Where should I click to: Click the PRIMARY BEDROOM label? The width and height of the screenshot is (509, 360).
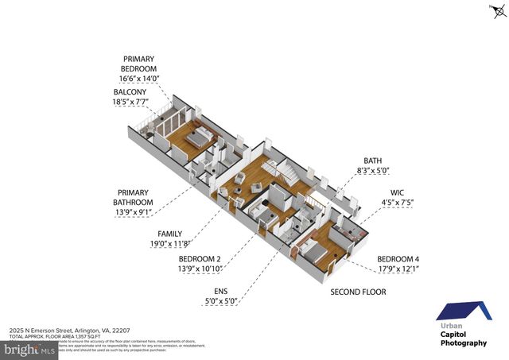click(139, 64)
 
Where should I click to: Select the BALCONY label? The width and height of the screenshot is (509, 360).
click(129, 92)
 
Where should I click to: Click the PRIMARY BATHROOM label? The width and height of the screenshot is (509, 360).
click(134, 198)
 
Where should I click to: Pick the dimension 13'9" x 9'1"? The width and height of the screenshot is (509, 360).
click(133, 212)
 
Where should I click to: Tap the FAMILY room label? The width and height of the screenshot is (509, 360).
click(169, 234)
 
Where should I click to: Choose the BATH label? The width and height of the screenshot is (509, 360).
click(373, 160)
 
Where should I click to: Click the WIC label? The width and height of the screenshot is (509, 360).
click(398, 192)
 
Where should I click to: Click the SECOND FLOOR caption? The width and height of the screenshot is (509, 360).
click(358, 292)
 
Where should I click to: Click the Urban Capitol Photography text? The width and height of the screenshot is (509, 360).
click(464, 335)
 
